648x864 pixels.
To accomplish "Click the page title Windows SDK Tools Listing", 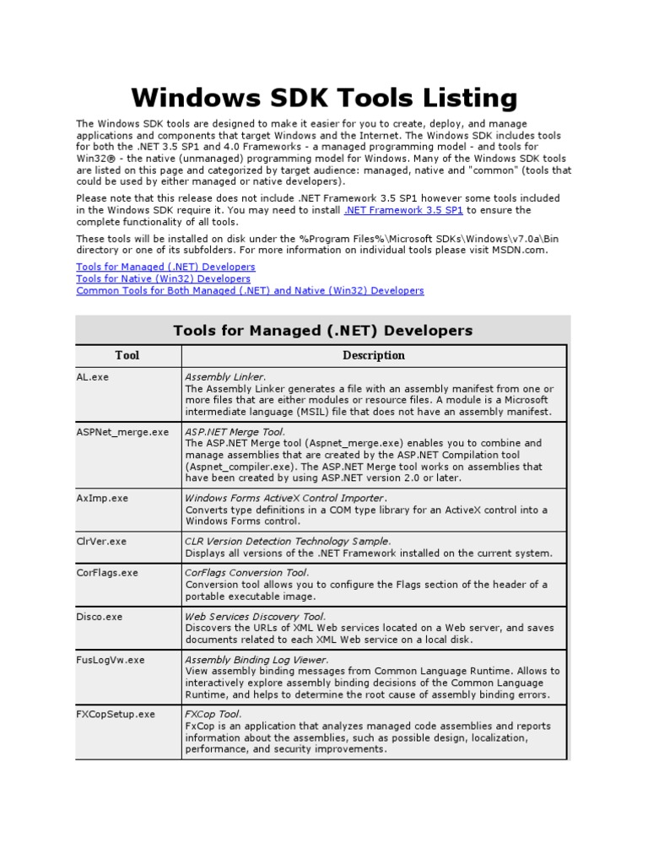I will [x=323, y=98].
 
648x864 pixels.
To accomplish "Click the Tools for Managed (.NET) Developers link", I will [x=165, y=267].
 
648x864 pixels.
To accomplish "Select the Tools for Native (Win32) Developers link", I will [x=163, y=278].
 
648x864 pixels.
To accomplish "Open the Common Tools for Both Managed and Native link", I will [x=250, y=290].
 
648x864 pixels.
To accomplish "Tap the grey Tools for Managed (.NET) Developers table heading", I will [x=323, y=330].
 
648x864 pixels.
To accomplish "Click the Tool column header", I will [x=127, y=355].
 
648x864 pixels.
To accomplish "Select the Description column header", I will [x=374, y=355].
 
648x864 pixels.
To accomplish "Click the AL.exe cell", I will [x=93, y=377].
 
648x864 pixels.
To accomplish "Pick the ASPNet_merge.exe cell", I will [x=122, y=432].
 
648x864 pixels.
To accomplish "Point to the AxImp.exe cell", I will [x=102, y=498].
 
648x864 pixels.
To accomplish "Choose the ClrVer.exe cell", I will [x=101, y=541].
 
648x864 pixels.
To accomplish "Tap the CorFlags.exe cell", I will [x=107, y=573].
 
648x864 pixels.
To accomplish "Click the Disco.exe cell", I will [x=100, y=617].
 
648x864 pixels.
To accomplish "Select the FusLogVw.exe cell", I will [x=111, y=660].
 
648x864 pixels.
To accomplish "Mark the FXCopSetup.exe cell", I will [x=116, y=714].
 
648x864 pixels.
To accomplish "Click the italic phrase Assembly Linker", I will [x=224, y=377].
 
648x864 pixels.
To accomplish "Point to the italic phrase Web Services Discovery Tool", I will [x=255, y=617].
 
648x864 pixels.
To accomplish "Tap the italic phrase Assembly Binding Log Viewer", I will [x=256, y=660].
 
